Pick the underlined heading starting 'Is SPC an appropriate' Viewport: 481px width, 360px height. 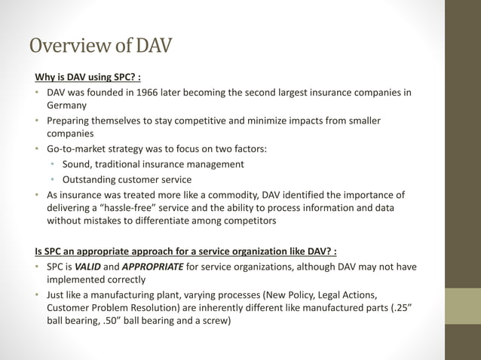[185, 251]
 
